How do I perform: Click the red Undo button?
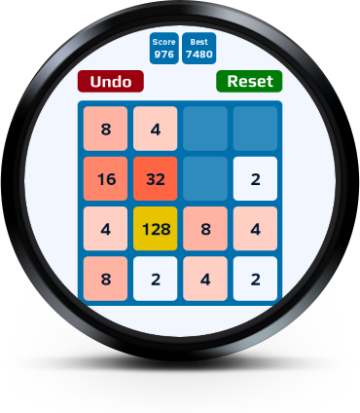point(111,81)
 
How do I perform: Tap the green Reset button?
point(249,81)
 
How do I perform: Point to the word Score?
point(163,42)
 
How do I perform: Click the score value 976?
point(163,54)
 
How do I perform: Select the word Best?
point(198,42)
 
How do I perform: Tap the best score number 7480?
point(199,54)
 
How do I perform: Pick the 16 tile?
point(105,178)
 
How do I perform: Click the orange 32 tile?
point(156,178)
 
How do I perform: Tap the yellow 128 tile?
point(156,229)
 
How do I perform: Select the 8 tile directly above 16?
point(105,129)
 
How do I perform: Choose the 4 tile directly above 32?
point(156,129)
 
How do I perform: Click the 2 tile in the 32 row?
point(255,178)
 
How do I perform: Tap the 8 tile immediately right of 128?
point(205,229)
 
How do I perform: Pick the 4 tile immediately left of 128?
point(105,229)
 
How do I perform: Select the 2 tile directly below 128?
point(156,279)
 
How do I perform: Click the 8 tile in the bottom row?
point(105,279)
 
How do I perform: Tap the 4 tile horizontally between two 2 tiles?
point(205,279)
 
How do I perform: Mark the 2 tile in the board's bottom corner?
point(255,279)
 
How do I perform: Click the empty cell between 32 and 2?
point(205,178)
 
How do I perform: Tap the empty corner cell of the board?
point(255,129)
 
